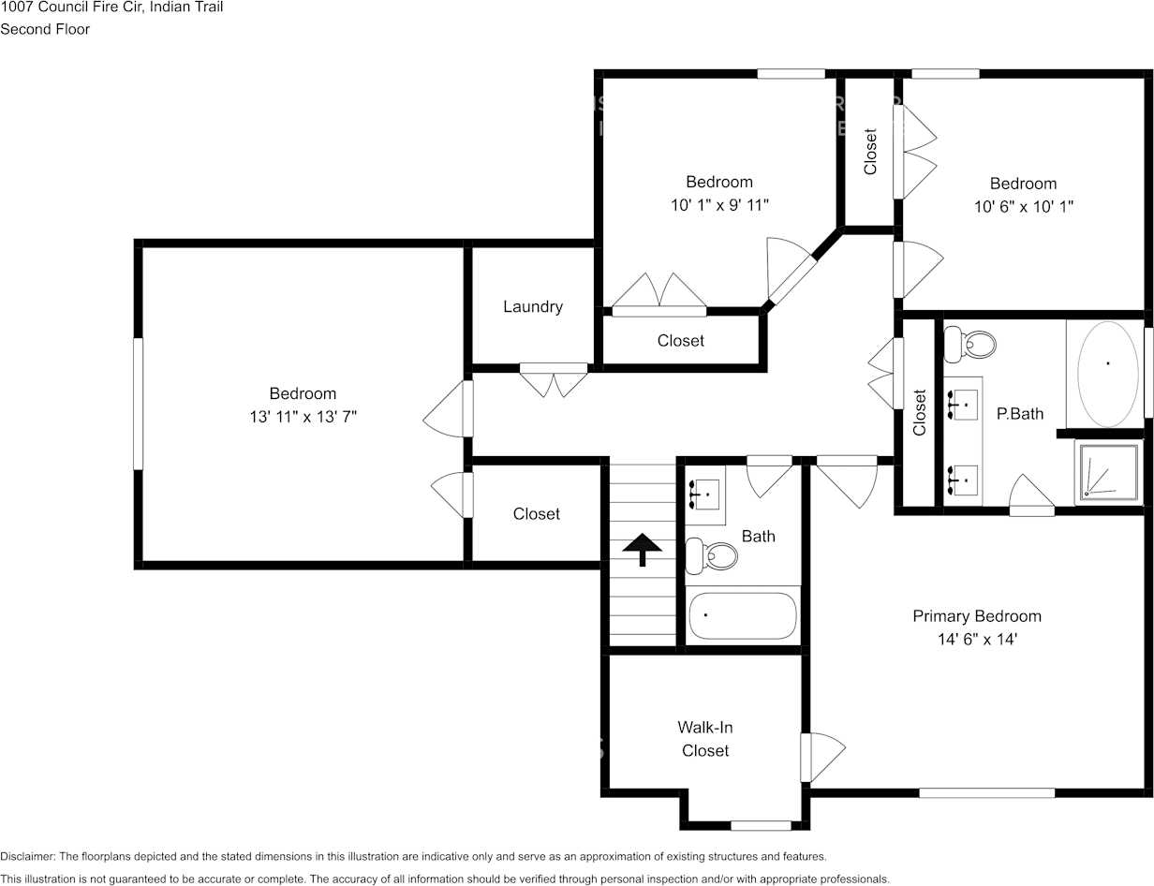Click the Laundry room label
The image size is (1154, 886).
tap(533, 307)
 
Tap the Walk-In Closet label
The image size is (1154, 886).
tap(705, 738)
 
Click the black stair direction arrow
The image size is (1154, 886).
tap(642, 550)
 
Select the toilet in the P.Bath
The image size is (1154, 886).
tap(969, 345)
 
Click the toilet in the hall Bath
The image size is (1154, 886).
tap(712, 555)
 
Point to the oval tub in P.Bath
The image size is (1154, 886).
tap(1108, 374)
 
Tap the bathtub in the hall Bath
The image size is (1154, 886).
tap(743, 615)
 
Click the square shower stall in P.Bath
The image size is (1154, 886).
tap(1108, 471)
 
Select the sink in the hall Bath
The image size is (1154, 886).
tap(704, 495)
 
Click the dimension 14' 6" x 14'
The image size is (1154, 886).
tap(977, 639)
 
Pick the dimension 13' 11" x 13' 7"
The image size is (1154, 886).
tap(303, 417)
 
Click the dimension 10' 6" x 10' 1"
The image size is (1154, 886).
tap(1024, 206)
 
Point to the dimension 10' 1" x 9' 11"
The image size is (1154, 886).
tap(719, 205)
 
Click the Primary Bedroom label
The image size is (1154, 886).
tap(977, 616)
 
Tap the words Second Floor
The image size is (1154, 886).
tap(45, 29)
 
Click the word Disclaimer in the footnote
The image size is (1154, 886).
tap(27, 856)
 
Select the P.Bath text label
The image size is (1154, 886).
tap(1020, 414)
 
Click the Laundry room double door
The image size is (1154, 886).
tap(554, 379)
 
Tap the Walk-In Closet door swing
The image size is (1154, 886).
tap(822, 758)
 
